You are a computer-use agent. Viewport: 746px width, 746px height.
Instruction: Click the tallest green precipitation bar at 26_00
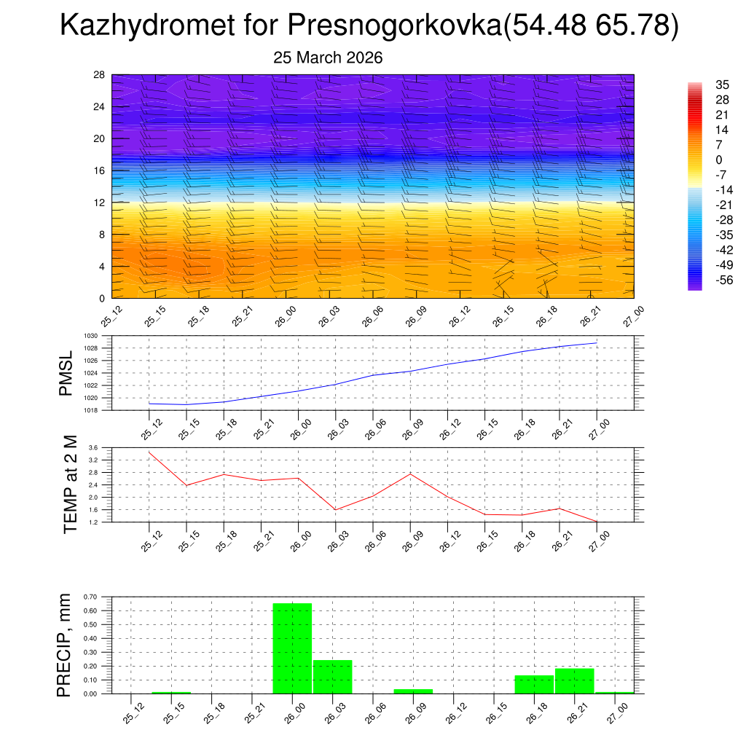pos(292,648)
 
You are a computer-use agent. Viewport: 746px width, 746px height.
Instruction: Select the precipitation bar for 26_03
pos(333,677)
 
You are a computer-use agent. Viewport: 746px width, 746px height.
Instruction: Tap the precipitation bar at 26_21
pos(574,681)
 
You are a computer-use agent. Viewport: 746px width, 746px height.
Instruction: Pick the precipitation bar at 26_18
pos(534,685)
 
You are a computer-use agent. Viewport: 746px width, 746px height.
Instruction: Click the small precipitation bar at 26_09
pos(413,691)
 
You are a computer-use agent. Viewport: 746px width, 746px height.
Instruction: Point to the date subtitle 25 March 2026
pos(328,58)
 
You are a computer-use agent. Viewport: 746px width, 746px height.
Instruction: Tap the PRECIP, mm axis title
pos(65,645)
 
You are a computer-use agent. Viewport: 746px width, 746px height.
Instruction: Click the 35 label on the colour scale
pos(722,85)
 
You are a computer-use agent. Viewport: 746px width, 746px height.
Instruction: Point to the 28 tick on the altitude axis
pos(99,75)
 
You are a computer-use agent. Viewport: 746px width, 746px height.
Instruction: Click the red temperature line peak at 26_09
pos(410,474)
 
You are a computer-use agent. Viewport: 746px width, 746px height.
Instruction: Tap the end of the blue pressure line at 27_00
pos(597,342)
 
